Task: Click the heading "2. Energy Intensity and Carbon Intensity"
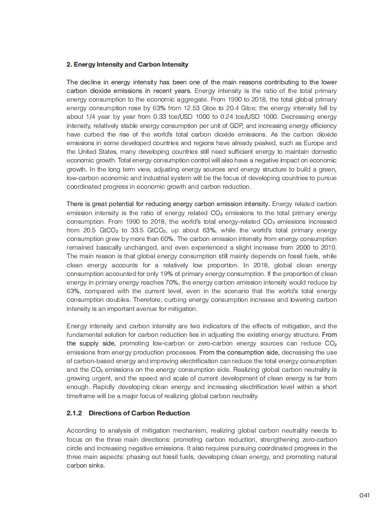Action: click(x=127, y=65)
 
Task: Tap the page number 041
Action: click(x=364, y=495)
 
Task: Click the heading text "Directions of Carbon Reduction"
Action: click(x=139, y=413)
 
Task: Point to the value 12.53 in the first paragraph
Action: click(x=197, y=108)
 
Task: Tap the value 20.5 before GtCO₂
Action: click(x=91, y=230)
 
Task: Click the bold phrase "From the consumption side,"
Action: click(x=239, y=352)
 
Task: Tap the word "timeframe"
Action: click(x=80, y=396)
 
